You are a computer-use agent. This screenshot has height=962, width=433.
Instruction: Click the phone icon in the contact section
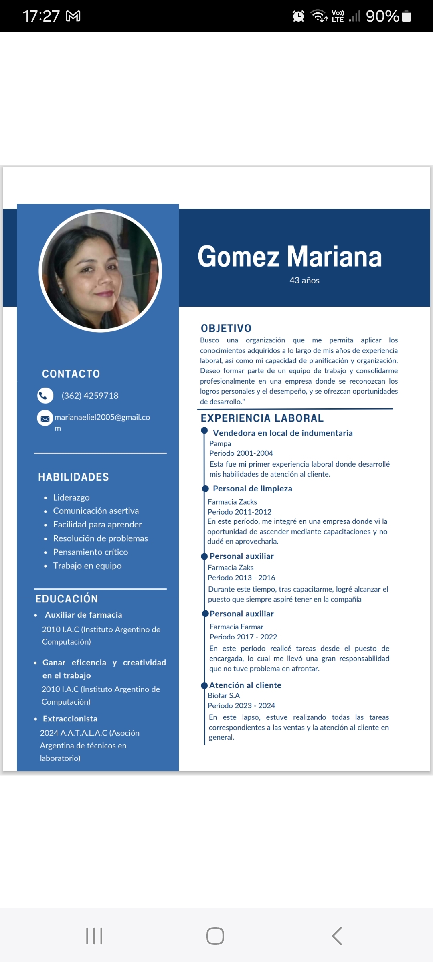[x=45, y=396]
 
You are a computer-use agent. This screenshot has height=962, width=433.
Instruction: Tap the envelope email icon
[x=45, y=418]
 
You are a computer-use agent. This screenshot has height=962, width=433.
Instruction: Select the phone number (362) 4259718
[x=90, y=396]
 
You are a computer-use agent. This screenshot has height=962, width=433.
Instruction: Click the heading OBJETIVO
[x=226, y=328]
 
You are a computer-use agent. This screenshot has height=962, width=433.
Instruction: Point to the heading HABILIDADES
[x=73, y=477]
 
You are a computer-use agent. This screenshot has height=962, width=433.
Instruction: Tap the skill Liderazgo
[x=71, y=497]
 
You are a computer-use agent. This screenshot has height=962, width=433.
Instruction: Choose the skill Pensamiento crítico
[x=91, y=552]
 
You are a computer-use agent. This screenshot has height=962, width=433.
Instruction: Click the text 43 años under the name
[x=304, y=281]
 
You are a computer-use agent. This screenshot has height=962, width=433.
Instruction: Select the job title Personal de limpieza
[x=252, y=489]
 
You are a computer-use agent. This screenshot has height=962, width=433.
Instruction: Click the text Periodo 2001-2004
[x=241, y=453]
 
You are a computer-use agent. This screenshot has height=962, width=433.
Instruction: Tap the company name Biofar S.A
[x=224, y=695]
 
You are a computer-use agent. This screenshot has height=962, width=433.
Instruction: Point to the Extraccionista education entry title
[x=70, y=719]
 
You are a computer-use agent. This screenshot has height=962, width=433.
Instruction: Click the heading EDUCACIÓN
[x=67, y=599]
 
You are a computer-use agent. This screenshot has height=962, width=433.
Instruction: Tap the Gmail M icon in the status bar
[x=73, y=16]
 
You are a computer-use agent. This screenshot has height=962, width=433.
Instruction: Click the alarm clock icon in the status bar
[x=298, y=16]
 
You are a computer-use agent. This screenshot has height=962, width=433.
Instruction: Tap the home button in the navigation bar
[x=215, y=936]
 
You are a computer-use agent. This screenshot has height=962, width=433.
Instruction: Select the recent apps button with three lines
[x=94, y=936]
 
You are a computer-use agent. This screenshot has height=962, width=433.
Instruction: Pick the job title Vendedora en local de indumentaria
[x=283, y=433]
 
